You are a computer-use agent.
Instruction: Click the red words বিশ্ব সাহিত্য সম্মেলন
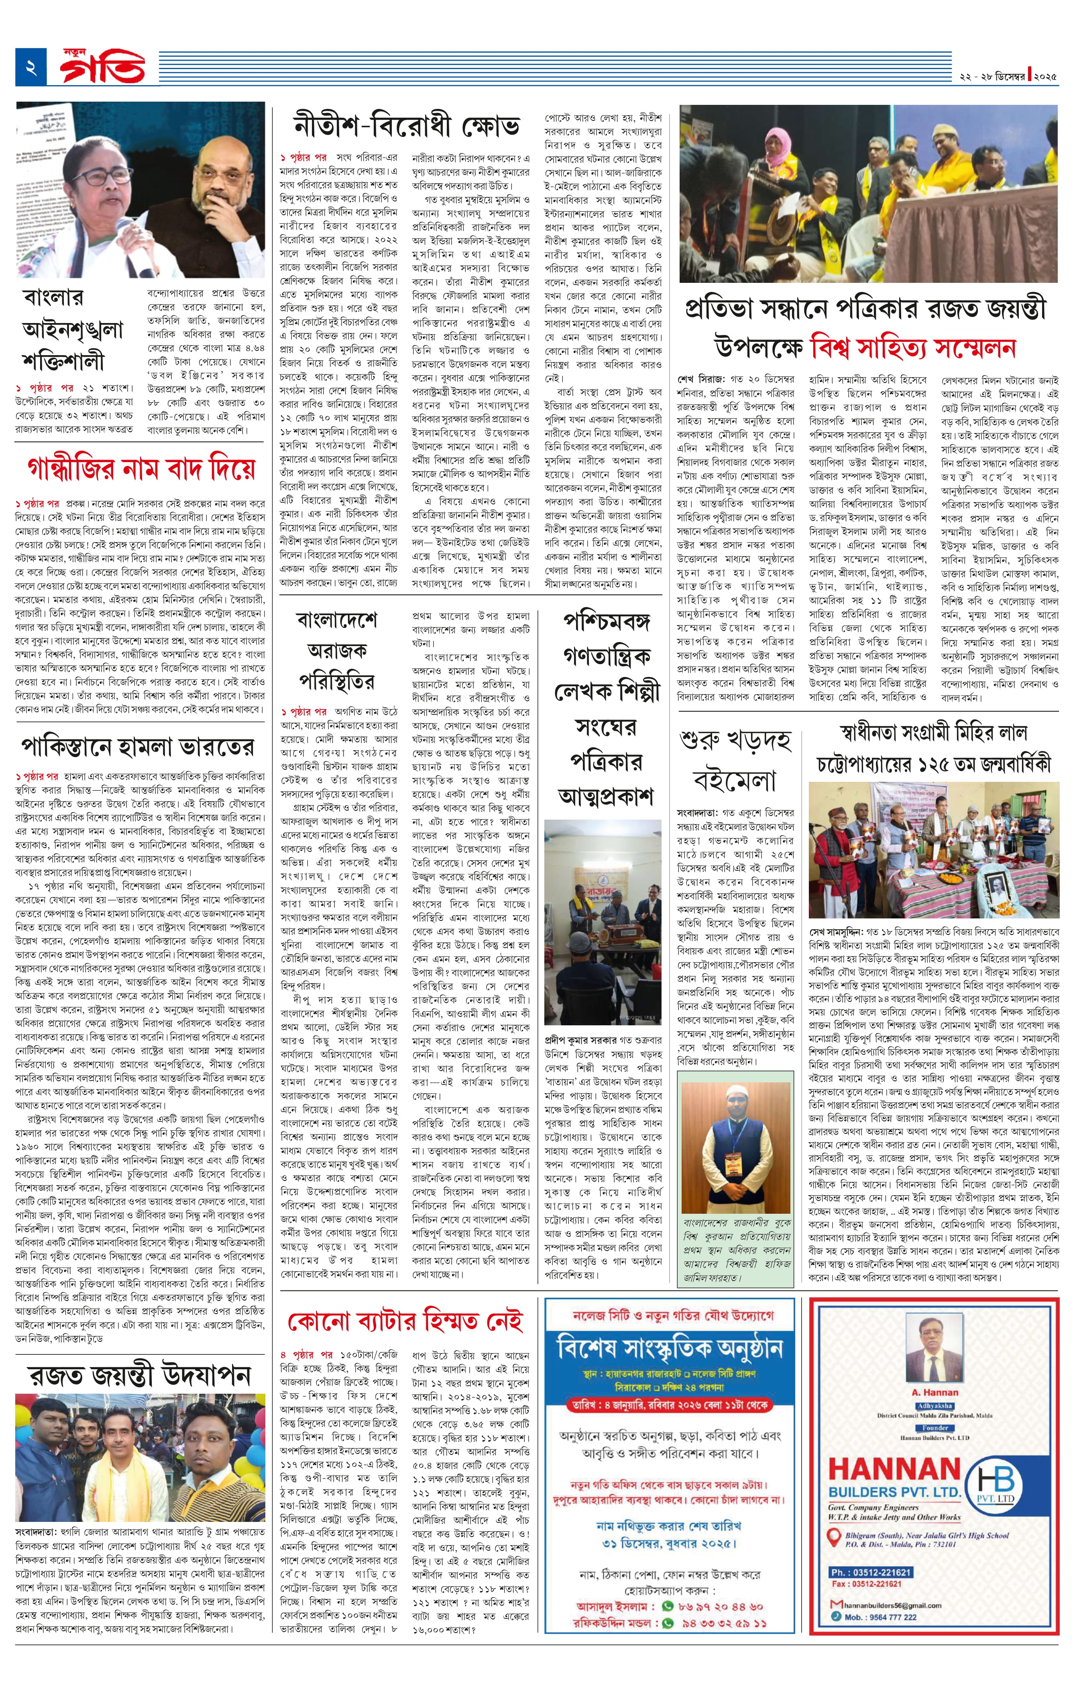point(912,348)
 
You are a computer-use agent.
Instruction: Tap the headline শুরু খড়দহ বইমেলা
point(735,758)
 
